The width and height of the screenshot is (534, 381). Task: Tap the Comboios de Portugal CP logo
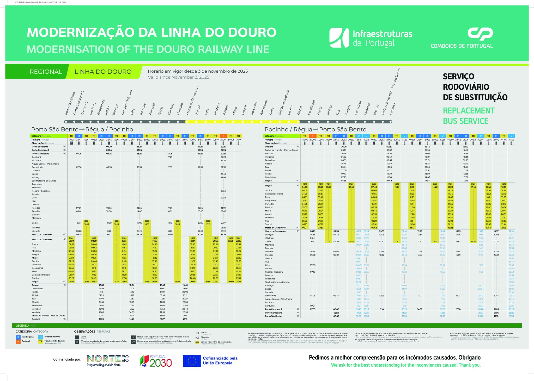pyautogui.click(x=462, y=38)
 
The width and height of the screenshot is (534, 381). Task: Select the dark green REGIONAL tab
pyautogui.click(x=46, y=72)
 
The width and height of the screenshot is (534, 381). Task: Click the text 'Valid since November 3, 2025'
pyautogui.click(x=178, y=77)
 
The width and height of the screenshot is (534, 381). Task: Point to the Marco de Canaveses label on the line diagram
pyautogui.click(x=192, y=101)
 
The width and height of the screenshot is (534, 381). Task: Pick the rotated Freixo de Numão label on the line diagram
pyautogui.click(x=391, y=92)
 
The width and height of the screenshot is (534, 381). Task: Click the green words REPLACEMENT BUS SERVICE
pyautogui.click(x=468, y=116)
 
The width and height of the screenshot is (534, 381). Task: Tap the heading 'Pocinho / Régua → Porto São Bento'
pyautogui.click(x=315, y=129)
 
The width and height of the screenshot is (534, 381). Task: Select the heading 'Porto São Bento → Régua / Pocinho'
pyautogui.click(x=82, y=129)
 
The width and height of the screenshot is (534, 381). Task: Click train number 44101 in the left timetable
pyautogui.click(x=71, y=140)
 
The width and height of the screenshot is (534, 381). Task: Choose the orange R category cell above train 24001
pyautogui.click(x=223, y=136)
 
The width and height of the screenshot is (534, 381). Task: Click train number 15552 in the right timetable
pyautogui.click(x=511, y=140)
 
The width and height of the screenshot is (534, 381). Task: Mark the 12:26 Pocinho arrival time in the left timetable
pyautogui.click(x=101, y=319)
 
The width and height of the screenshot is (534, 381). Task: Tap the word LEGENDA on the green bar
pyautogui.click(x=22, y=326)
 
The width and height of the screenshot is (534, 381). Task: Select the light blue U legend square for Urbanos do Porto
pyautogui.click(x=41, y=337)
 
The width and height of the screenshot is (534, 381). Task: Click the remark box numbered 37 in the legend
pyautogui.click(x=133, y=342)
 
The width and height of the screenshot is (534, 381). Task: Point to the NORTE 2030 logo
pyautogui.click(x=107, y=360)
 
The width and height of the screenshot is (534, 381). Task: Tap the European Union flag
pyautogui.click(x=192, y=361)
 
